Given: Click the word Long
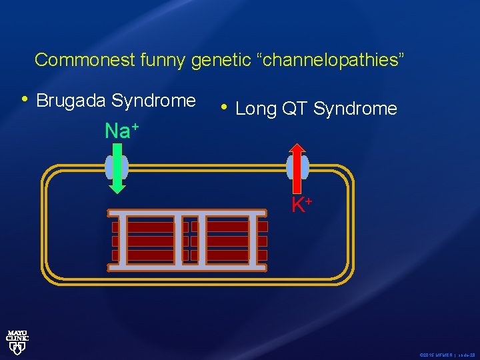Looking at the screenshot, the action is (255, 109).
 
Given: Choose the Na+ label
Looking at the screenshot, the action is (121, 131).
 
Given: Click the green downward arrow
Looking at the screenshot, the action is (117, 171).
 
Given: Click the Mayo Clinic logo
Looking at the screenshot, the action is (17, 340).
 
